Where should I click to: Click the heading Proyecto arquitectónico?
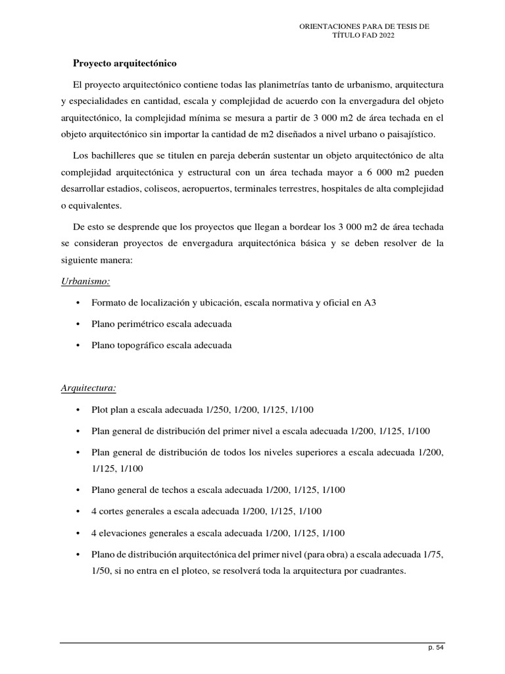tap(125, 64)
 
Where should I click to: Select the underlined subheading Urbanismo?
tap(85, 281)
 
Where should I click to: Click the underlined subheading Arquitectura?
tap(88, 388)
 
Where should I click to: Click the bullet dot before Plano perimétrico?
tap(78, 325)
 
